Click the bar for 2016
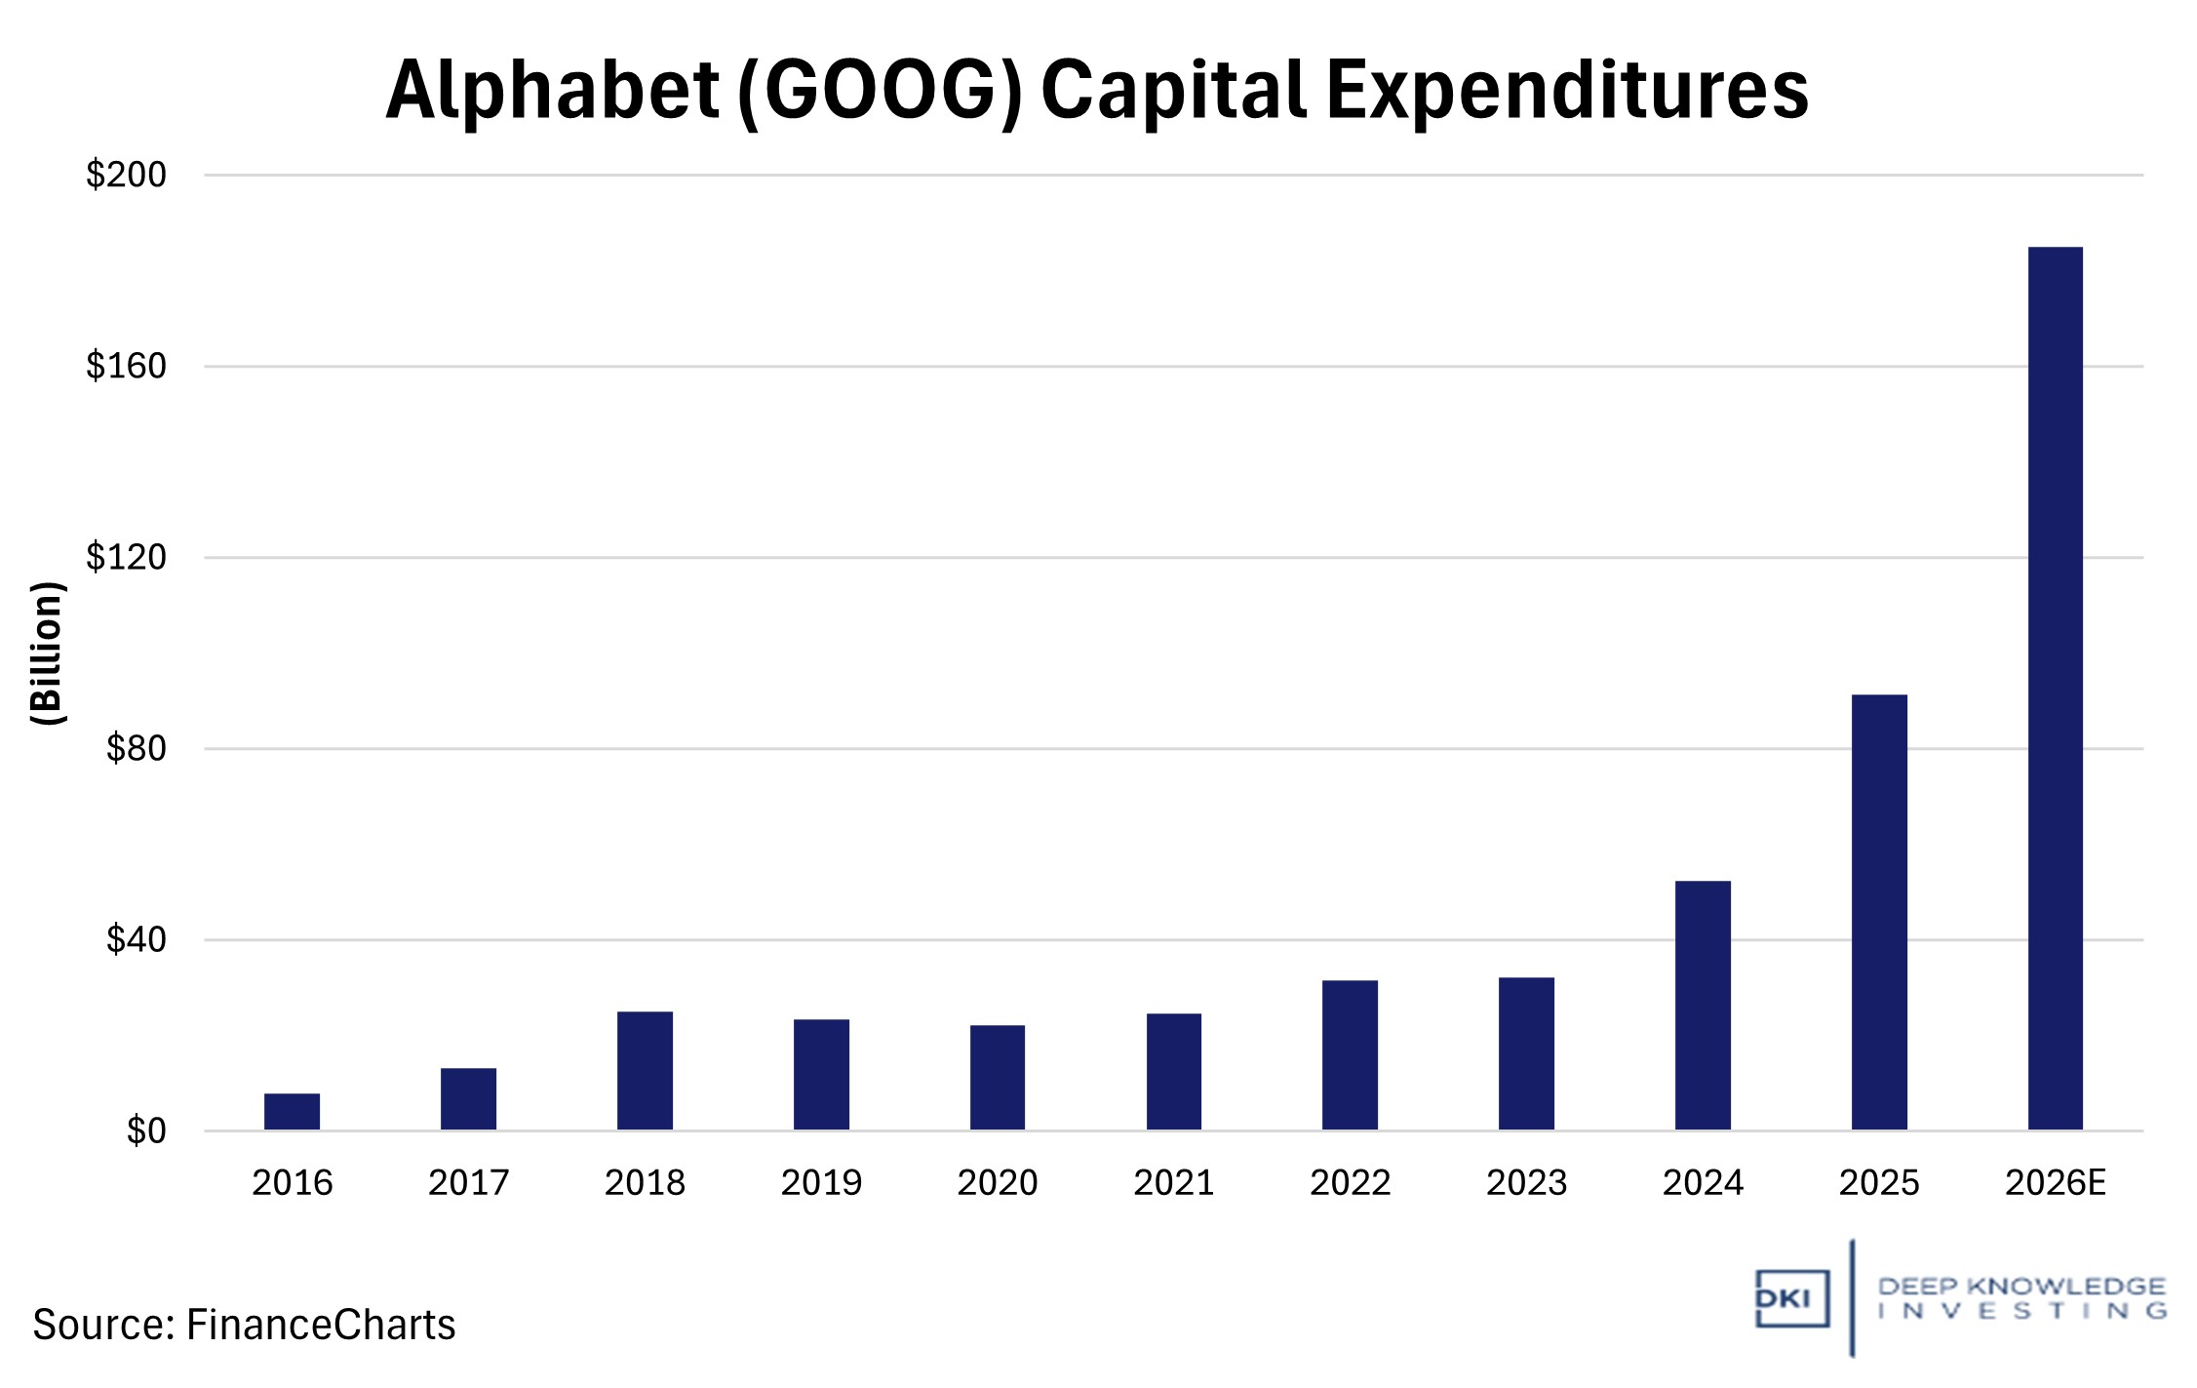pos(292,1112)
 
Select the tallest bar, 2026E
pos(2055,689)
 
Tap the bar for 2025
pos(1878,912)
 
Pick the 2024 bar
pos(1703,1006)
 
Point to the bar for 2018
pos(645,1071)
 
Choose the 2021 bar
pos(1173,1072)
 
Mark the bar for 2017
pos(468,1099)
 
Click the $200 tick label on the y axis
pos(126,176)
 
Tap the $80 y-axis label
pos(136,749)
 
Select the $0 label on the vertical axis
pos(146,1131)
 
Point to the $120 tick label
pos(126,558)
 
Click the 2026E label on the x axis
pos(2055,1183)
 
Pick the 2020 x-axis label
pos(997,1183)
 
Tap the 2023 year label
pos(1526,1183)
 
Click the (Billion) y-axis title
pos(48,653)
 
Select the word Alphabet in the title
pos(552,91)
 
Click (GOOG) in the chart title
pos(880,91)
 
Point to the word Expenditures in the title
pos(1567,91)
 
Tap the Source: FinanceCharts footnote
pos(244,1325)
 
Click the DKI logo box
pos(1791,1298)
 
